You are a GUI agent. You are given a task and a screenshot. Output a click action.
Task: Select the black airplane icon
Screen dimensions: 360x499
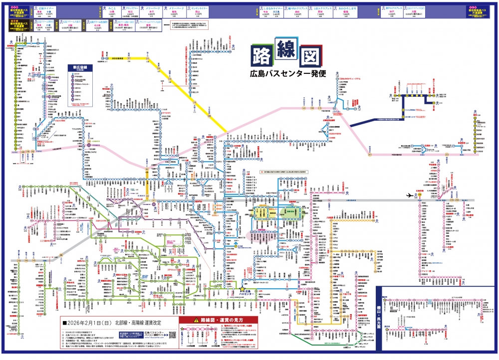coord(410,195)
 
